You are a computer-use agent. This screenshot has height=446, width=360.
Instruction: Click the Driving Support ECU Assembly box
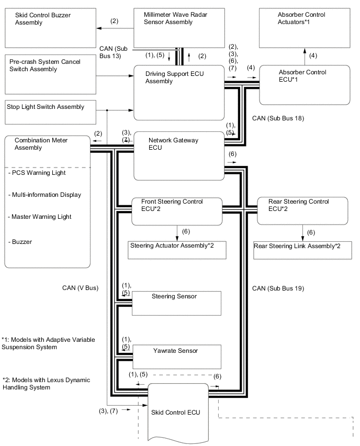click(178, 92)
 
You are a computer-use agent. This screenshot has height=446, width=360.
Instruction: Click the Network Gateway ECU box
click(178, 155)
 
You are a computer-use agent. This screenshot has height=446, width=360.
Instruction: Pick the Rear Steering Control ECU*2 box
click(303, 210)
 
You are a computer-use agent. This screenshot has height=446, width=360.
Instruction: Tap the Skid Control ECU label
click(174, 412)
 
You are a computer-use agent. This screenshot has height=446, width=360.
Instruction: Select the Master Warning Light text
click(40, 217)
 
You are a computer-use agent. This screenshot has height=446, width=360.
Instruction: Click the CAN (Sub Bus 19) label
click(278, 288)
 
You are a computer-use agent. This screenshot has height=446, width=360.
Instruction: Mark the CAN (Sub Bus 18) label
click(278, 119)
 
